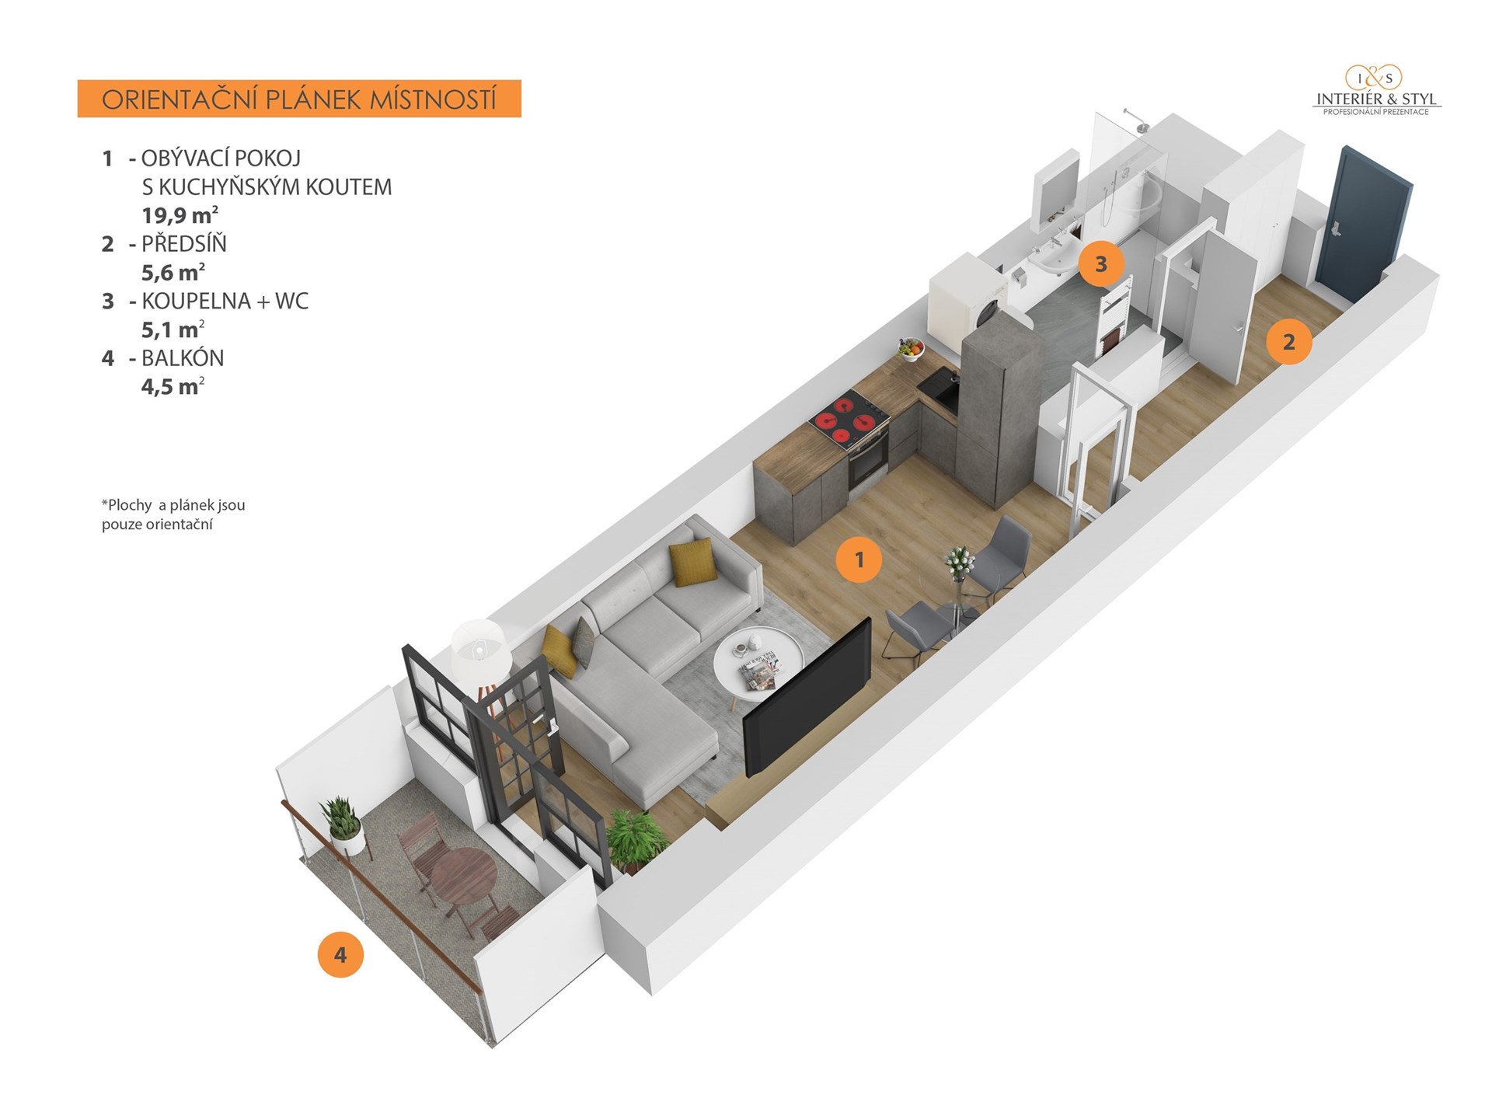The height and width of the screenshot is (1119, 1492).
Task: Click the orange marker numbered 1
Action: tap(859, 559)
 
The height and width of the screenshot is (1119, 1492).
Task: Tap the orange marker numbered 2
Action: tap(1288, 342)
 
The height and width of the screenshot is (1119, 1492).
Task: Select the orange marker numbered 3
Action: tap(1100, 264)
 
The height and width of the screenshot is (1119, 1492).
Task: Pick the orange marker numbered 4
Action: tap(340, 954)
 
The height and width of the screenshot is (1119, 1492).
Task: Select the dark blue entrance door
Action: tap(1362, 225)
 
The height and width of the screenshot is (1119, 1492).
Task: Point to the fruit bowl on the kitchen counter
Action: tap(912, 349)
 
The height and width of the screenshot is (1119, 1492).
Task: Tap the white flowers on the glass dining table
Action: tap(958, 561)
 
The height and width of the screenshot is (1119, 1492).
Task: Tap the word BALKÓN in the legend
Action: tap(183, 358)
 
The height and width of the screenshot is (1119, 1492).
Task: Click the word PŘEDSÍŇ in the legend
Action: tap(184, 244)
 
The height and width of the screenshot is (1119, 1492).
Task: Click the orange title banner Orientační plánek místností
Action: tap(299, 99)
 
